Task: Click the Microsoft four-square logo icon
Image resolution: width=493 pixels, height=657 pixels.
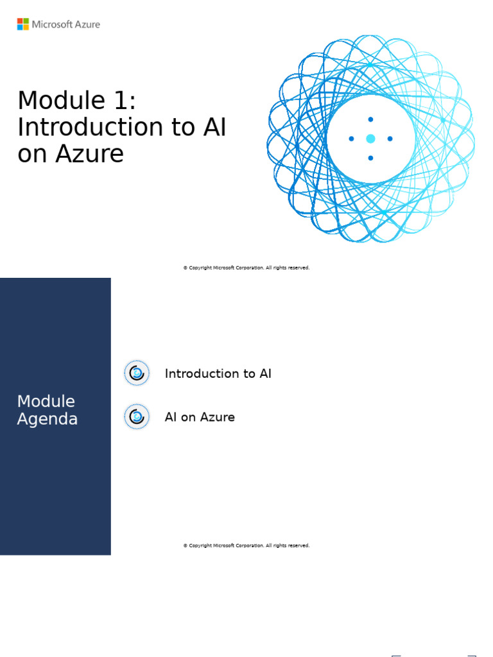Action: point(23,24)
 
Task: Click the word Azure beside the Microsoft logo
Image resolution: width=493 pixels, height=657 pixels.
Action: point(87,24)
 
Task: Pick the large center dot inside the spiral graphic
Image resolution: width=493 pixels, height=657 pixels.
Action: point(370,139)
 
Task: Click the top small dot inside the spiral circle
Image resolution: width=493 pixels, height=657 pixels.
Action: point(370,119)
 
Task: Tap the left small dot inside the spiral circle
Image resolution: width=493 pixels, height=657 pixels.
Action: point(351,139)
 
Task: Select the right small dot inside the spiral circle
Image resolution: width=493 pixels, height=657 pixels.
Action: point(390,139)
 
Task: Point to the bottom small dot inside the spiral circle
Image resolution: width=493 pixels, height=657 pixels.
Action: point(370,158)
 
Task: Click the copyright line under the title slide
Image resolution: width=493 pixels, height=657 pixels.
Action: point(246,268)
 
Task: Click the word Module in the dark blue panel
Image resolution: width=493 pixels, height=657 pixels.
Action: point(46,402)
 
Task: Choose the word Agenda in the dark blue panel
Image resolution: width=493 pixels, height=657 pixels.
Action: point(48,420)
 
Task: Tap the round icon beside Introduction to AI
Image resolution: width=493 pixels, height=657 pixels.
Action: point(137,373)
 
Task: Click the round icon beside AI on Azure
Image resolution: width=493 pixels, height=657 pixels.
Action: point(137,417)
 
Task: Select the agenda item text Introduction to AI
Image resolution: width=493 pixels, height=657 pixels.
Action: point(218,373)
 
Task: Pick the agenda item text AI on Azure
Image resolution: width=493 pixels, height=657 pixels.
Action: point(200,417)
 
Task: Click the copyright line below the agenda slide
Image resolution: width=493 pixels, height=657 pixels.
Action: point(246,545)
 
